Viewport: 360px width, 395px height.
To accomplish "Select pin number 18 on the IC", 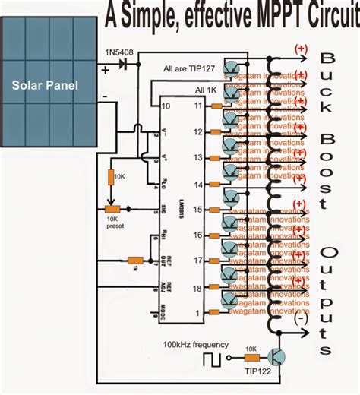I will point(197,289).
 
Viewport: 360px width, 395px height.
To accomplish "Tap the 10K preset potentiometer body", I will point(112,210).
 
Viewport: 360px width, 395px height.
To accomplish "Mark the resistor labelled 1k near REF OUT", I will point(134,260).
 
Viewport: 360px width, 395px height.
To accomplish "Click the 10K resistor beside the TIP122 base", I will point(250,356).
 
